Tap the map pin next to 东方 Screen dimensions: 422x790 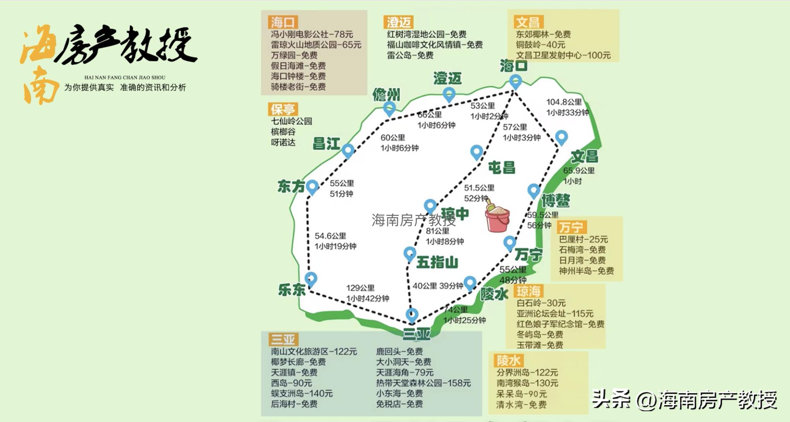(312, 187)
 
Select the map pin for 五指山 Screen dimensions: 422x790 (410, 254)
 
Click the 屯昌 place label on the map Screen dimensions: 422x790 (501, 168)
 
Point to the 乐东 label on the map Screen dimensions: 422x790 (292, 290)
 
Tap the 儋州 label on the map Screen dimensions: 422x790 (386, 95)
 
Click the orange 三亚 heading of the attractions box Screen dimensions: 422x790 (283, 339)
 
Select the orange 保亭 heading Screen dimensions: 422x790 (283, 109)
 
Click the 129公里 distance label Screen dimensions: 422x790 (360, 288)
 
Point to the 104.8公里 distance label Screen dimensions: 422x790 (564, 102)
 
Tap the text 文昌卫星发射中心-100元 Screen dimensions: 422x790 (563, 55)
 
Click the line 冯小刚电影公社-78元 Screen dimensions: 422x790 (311, 34)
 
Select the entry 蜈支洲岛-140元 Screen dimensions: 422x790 (302, 393)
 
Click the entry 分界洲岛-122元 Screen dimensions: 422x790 (527, 373)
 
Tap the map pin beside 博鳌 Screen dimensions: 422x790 (534, 191)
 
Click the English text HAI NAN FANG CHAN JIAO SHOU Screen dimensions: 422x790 (125, 77)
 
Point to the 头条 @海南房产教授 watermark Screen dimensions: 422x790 (685, 400)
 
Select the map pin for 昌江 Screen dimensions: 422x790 (348, 150)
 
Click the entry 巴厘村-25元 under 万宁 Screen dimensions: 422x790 (583, 240)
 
